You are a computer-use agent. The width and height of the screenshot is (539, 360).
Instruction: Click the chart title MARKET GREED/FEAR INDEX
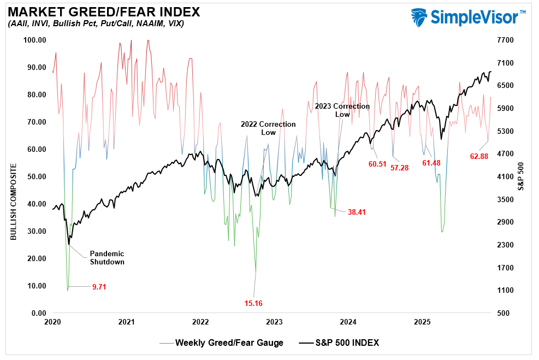[103, 11]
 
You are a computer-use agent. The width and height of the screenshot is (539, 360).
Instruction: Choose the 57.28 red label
[399, 167]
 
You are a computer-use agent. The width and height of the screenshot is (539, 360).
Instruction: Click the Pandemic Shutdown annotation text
[106, 258]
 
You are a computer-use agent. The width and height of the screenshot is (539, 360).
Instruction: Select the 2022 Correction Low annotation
[268, 128]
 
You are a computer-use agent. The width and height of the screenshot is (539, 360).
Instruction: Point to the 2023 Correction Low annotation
[342, 110]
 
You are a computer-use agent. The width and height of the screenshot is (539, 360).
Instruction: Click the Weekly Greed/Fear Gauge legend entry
[229, 343]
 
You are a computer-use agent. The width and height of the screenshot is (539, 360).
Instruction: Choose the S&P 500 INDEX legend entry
[347, 343]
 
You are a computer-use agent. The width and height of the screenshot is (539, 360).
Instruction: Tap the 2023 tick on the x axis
[275, 322]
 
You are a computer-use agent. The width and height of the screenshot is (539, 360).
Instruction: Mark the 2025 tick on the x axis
[423, 322]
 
